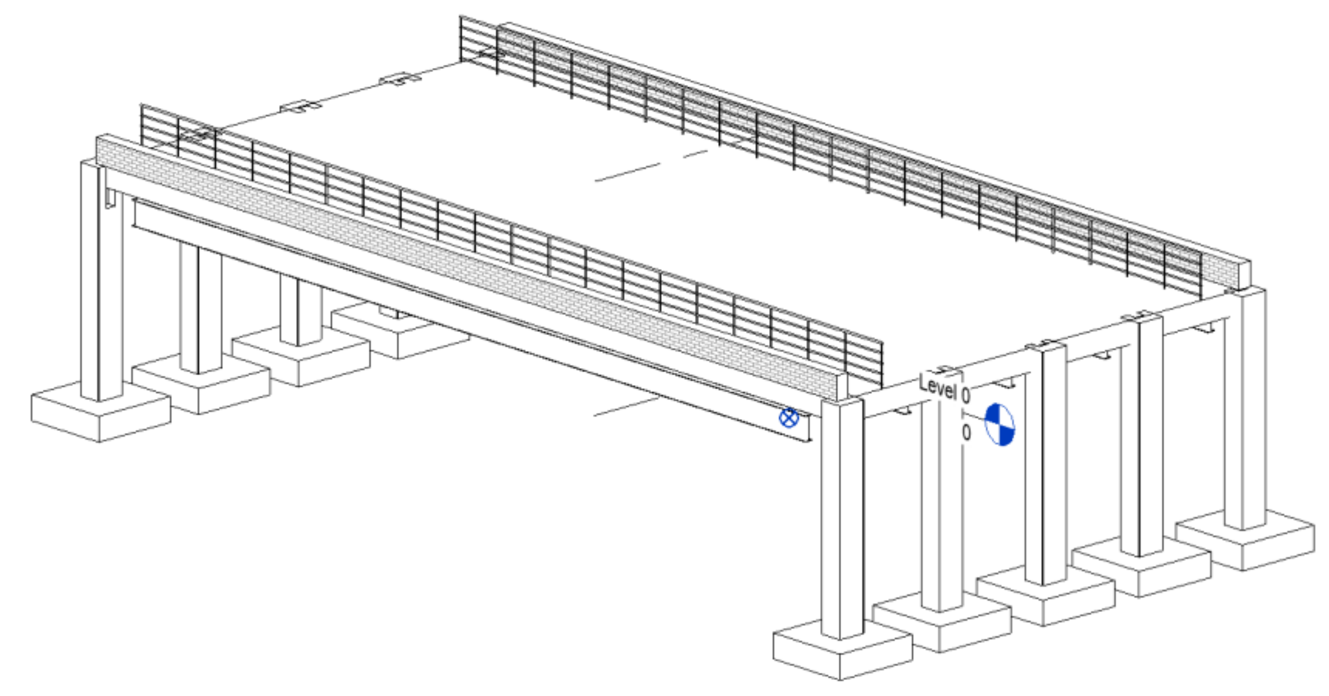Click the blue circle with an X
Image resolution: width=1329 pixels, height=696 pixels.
coord(788,417)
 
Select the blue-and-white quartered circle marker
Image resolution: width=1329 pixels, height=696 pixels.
coord(1000,424)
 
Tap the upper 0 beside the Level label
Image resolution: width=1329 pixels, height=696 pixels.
coord(966,396)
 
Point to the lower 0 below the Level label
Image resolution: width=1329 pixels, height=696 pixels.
coord(966,432)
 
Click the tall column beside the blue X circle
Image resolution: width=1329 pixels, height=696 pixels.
coord(842,518)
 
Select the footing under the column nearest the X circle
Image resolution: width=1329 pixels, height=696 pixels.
coord(842,651)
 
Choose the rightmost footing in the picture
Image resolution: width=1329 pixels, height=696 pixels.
coord(1245,540)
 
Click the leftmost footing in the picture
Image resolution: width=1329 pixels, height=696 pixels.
coord(100,411)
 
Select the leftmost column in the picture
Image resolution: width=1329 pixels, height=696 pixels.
coord(101,281)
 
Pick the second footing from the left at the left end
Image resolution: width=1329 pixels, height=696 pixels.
coord(201,384)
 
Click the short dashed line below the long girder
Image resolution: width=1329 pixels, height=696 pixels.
coord(627,406)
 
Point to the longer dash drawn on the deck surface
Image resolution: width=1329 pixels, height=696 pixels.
coord(627,172)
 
